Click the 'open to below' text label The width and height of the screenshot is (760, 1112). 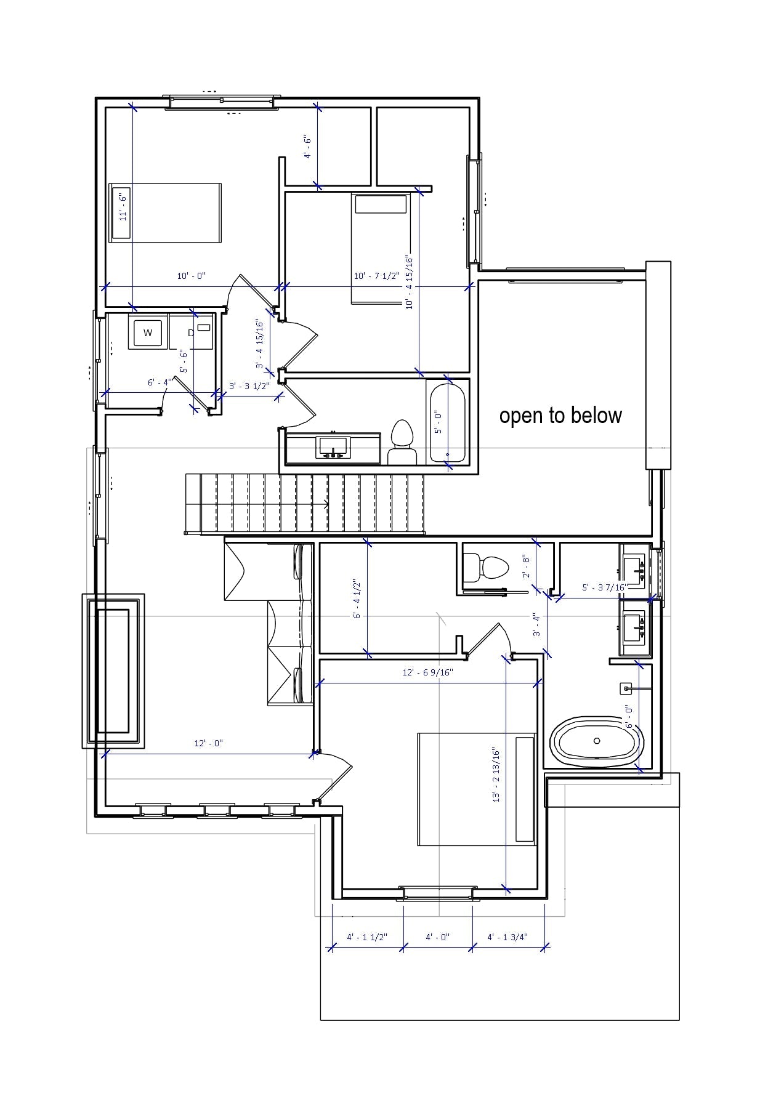click(560, 416)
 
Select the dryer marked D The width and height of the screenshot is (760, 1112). click(191, 333)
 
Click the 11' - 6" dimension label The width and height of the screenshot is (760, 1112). click(123, 207)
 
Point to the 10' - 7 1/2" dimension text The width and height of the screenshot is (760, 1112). click(376, 276)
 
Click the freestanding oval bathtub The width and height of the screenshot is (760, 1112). click(596, 741)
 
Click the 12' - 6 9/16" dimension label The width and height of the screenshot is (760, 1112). click(427, 672)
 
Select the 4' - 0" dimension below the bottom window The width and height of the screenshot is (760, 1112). click(437, 937)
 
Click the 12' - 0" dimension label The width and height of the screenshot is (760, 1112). click(208, 743)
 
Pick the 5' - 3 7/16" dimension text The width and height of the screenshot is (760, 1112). click(604, 587)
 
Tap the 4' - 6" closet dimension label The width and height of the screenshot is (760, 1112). click(308, 147)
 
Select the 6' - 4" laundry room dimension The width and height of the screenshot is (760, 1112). click(158, 382)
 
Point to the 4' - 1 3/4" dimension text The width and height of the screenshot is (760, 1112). click(507, 937)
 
